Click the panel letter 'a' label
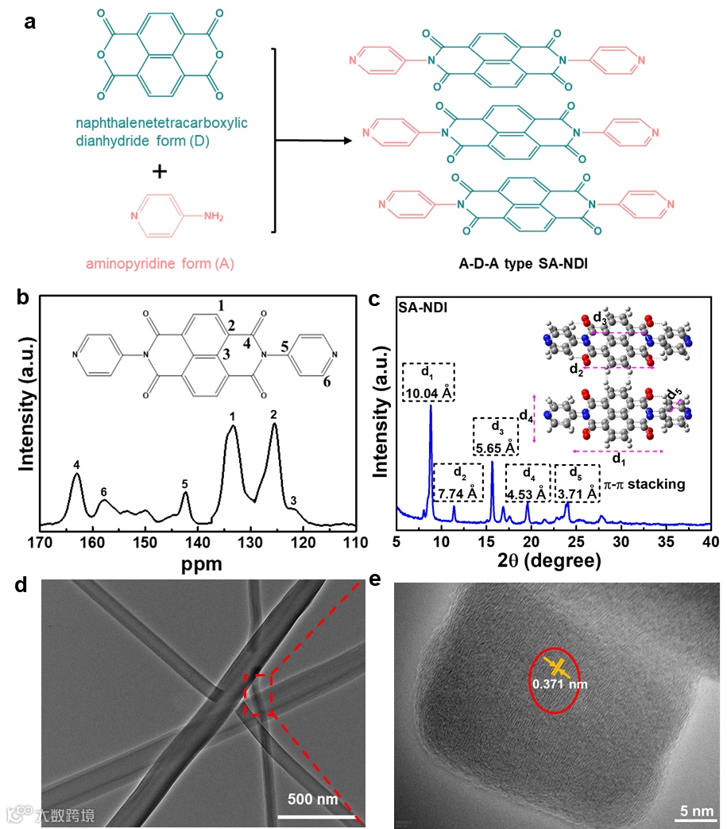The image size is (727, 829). click(x=30, y=21)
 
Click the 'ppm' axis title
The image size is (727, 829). click(x=200, y=565)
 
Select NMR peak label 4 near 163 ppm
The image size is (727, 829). click(x=76, y=465)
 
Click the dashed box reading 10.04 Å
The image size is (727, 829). click(x=430, y=382)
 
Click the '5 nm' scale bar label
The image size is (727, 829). click(x=696, y=810)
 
